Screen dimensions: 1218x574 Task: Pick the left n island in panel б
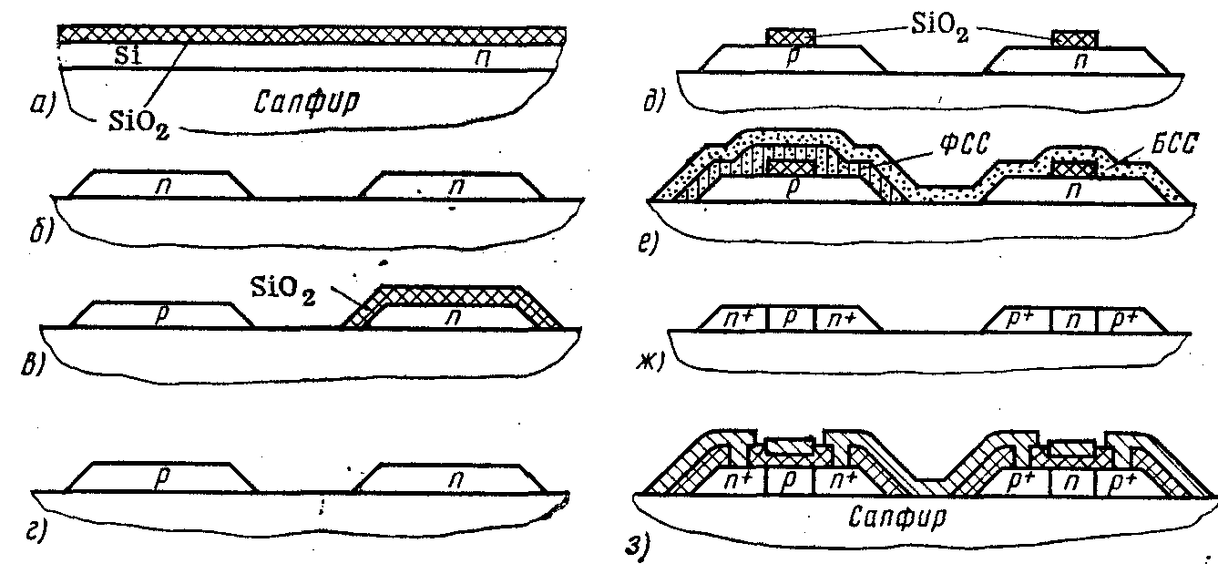pyautogui.click(x=161, y=186)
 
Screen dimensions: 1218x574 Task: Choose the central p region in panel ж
pyautogui.click(x=791, y=320)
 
